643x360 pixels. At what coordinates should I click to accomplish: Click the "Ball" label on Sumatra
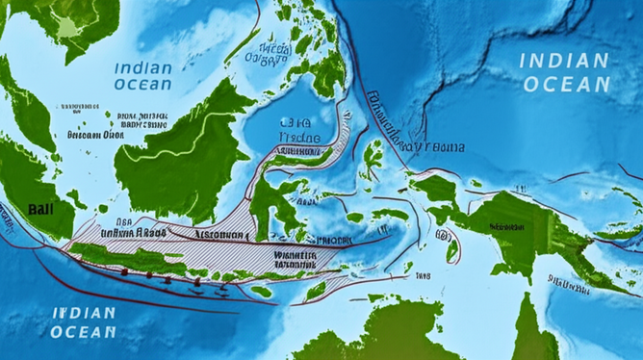pyautogui.click(x=41, y=207)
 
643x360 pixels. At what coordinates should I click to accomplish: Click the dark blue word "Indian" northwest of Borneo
pyautogui.click(x=142, y=68)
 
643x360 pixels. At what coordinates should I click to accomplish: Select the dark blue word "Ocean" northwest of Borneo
pyautogui.click(x=142, y=84)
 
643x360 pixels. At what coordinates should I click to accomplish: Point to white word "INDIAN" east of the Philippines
pyautogui.click(x=563, y=61)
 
